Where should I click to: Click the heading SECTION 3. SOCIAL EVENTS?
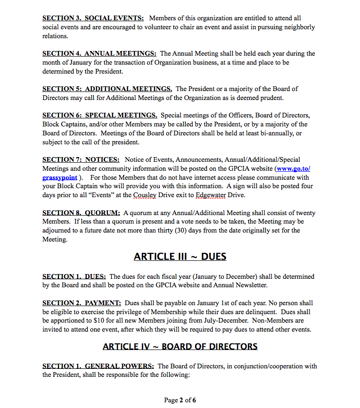tap(93, 18)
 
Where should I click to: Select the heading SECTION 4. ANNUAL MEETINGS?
tap(99, 53)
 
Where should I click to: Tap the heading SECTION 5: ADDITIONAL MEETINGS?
tap(107, 89)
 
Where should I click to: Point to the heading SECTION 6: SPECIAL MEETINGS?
tap(99, 115)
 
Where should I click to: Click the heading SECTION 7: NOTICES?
tap(81, 159)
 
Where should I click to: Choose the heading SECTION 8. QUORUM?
tap(81, 213)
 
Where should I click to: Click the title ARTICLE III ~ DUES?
tap(180, 257)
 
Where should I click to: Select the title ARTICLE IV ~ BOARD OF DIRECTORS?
tap(180, 347)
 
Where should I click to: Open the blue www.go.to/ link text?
tap(293, 168)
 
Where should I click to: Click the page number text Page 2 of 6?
tap(180, 400)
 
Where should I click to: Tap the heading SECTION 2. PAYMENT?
tap(81, 303)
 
